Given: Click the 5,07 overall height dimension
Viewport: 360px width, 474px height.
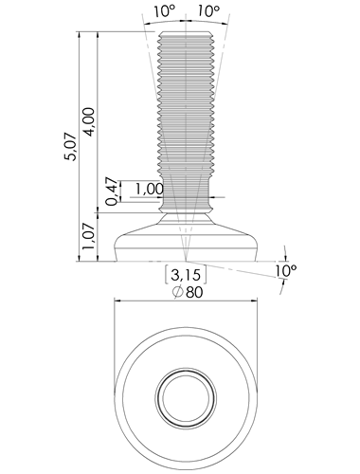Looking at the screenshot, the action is (70, 147).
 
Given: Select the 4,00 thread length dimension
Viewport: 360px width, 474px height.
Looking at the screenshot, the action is (88, 122).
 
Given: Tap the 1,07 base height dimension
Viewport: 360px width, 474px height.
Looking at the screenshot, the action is (88, 236).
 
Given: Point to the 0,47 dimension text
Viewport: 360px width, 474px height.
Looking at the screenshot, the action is (112, 192).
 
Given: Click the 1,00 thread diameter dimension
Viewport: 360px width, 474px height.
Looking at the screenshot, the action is (150, 190).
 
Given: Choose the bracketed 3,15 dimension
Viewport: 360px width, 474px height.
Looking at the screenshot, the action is (186, 274).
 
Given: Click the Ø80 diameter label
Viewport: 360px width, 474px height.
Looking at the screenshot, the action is (188, 292).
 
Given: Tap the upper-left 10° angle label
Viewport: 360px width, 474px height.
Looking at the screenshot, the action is (164, 11).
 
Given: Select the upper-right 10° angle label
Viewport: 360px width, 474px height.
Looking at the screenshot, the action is (208, 11).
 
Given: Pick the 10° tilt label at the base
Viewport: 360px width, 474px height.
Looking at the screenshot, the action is (285, 271).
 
